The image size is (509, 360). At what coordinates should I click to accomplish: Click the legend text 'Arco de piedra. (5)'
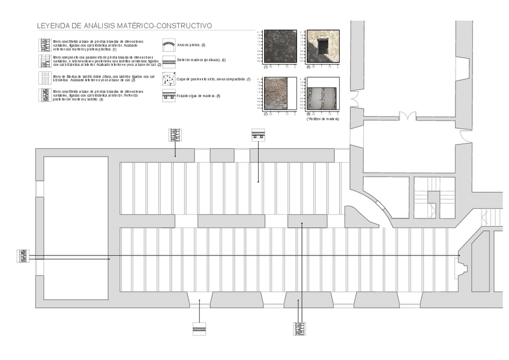point(192,46)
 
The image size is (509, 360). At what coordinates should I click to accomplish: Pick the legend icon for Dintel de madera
point(169,61)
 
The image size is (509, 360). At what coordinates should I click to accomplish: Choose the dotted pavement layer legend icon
point(169,79)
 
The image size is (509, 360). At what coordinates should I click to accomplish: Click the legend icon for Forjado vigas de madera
point(169,96)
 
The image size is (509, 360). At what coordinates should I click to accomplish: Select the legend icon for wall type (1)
point(44,44)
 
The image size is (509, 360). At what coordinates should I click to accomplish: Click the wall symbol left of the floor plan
point(23,257)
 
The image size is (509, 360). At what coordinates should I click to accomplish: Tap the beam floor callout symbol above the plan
point(258,134)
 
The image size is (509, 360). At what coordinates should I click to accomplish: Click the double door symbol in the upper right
point(408,116)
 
